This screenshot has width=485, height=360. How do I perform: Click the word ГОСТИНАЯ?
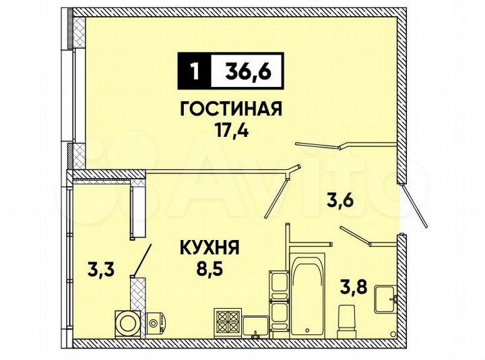(231, 109)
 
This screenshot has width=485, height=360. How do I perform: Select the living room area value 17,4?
(231, 130)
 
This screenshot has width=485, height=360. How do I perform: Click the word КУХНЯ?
(209, 249)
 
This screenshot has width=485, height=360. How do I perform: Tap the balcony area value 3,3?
(101, 270)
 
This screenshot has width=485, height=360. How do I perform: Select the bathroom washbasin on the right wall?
(386, 296)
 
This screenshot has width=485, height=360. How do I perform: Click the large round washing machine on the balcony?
(126, 323)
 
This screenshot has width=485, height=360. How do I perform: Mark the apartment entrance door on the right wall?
(412, 205)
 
